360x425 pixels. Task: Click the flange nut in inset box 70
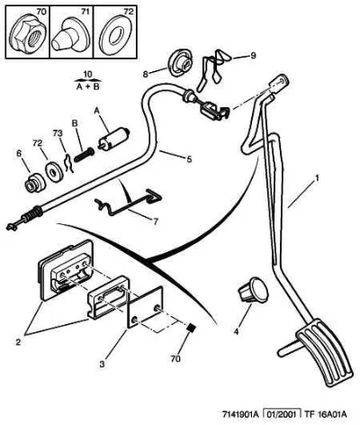pyautogui.click(x=28, y=35)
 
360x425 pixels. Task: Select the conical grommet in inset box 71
pyautogui.click(x=68, y=35)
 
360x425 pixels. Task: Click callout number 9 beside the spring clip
pyautogui.click(x=253, y=56)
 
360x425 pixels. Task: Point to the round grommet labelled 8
pyautogui.click(x=181, y=62)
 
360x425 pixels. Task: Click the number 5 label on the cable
pyautogui.click(x=189, y=158)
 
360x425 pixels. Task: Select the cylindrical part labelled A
pyautogui.click(x=113, y=139)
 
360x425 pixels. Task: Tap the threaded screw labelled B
pyautogui.click(x=84, y=155)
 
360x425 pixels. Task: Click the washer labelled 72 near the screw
pyautogui.click(x=54, y=172)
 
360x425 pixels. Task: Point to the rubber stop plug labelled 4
pyautogui.click(x=253, y=289)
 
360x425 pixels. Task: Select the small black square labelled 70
pyautogui.click(x=190, y=328)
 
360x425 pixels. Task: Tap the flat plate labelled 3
pyautogui.click(x=146, y=307)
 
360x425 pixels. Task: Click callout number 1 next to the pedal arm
pyautogui.click(x=316, y=179)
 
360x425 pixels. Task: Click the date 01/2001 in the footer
pyautogui.click(x=282, y=414)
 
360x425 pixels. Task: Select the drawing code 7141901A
pyautogui.click(x=240, y=414)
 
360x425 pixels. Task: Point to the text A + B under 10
pyautogui.click(x=87, y=87)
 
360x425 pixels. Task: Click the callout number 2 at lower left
pyautogui.click(x=18, y=342)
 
